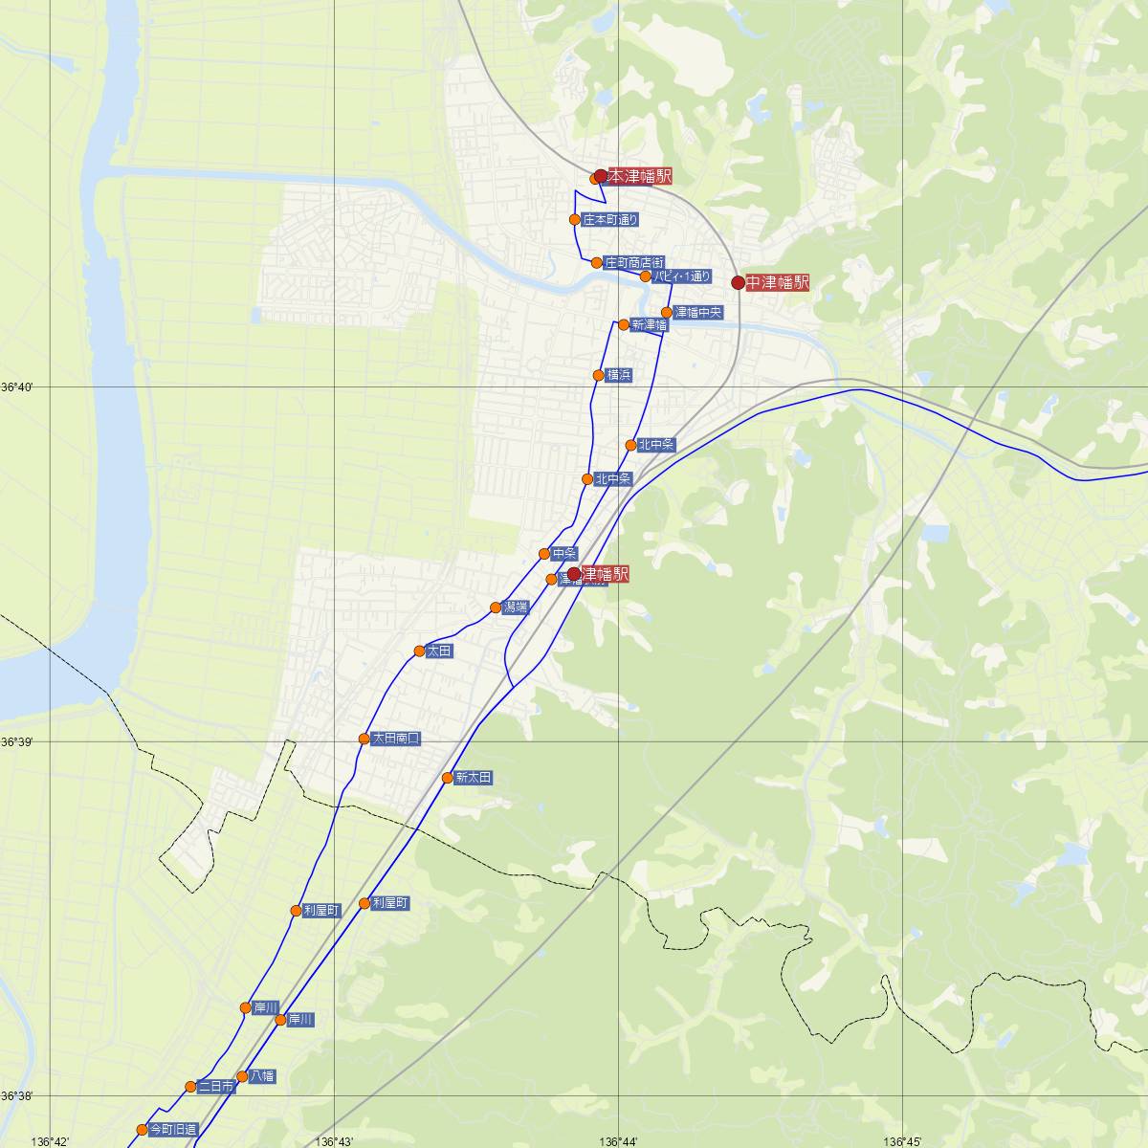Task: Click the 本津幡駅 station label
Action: coord(639,176)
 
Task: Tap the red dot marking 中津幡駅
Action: coord(738,282)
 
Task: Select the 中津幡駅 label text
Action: coord(778,282)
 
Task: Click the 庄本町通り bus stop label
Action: coord(610,220)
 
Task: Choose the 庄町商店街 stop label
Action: coord(633,262)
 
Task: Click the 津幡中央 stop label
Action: coord(698,312)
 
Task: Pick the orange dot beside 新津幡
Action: coord(624,324)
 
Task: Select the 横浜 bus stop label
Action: coord(619,375)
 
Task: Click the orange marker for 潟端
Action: coord(496,607)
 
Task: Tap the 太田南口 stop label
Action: coord(396,739)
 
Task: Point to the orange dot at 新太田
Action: coord(447,778)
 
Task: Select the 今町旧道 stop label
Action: coord(173,1130)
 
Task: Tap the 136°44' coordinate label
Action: coord(619,1141)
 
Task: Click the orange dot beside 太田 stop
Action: coord(419,651)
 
